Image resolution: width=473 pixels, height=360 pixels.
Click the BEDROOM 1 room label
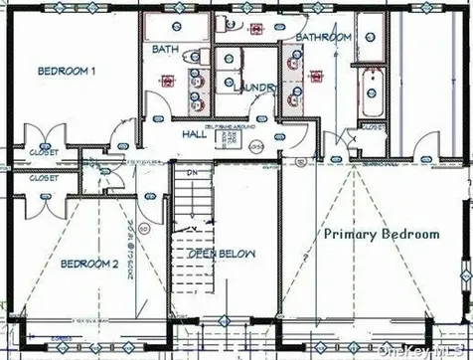[x=67, y=72]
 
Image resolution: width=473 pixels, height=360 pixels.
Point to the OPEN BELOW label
[x=222, y=255]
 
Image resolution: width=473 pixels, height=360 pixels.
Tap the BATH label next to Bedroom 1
[x=165, y=49]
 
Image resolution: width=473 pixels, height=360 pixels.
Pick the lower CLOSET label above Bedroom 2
[x=44, y=178]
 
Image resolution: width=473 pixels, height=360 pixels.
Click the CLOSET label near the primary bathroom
[x=373, y=127]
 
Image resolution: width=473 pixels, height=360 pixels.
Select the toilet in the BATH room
[x=195, y=55]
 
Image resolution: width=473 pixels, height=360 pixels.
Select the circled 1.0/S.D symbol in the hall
[x=255, y=147]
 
